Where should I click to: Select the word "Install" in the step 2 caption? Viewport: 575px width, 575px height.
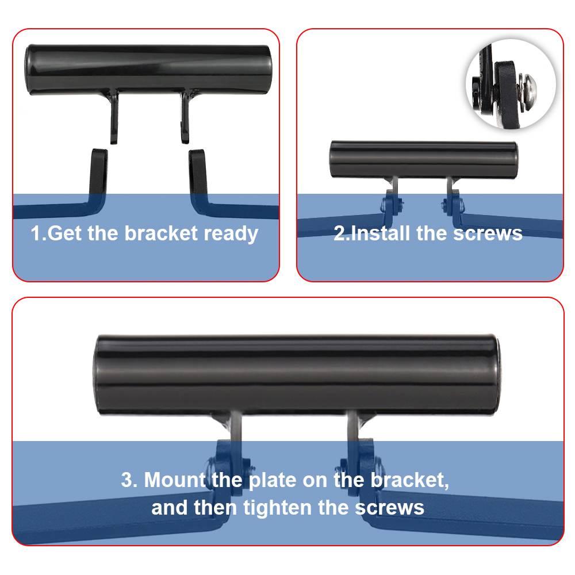380,233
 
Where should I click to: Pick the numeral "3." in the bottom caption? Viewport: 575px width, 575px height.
129,480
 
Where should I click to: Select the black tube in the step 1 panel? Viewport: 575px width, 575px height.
148,70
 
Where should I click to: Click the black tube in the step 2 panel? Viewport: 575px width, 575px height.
424,159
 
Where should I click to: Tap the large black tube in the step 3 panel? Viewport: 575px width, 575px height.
296,375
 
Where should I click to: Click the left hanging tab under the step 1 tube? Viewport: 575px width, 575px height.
114,117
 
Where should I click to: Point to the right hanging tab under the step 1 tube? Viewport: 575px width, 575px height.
185,117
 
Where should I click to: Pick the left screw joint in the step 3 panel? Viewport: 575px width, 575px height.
229,467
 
